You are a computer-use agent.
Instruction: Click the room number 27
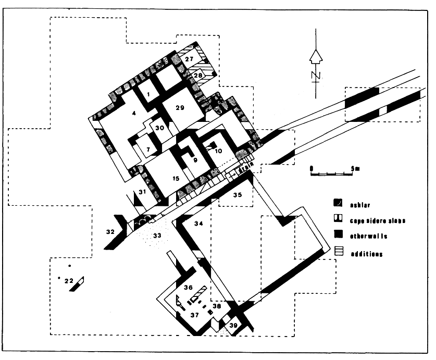click(189, 59)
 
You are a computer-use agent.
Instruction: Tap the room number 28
click(198, 76)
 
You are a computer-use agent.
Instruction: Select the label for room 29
click(180, 108)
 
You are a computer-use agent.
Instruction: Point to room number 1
click(148, 93)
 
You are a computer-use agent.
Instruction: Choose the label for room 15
click(176, 179)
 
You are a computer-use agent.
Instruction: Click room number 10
click(218, 151)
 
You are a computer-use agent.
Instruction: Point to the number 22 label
click(68, 281)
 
